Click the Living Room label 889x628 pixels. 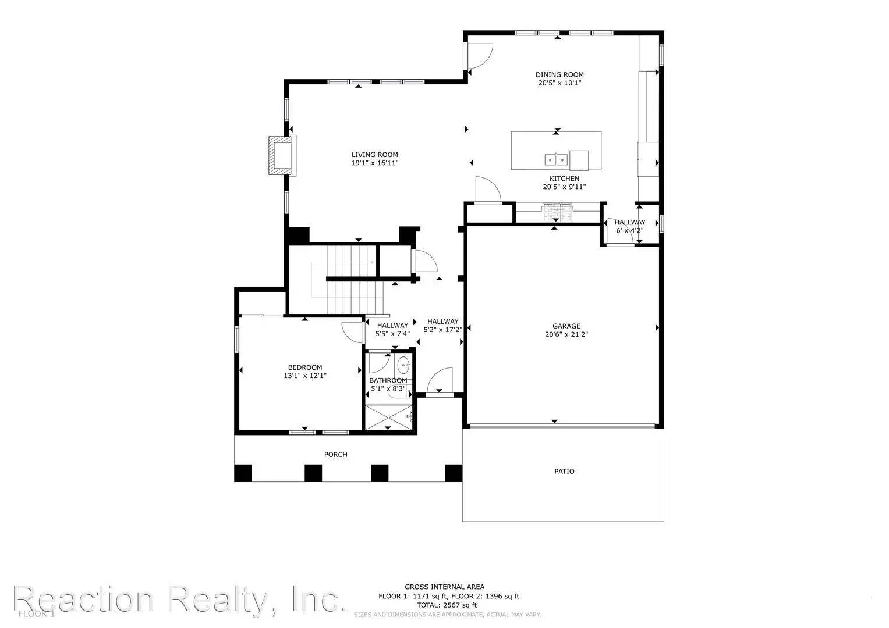coord(374,155)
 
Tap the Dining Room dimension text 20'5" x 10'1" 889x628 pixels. coord(559,83)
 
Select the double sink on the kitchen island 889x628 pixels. coord(556,159)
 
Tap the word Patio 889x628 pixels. coord(564,471)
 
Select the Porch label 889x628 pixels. coord(335,454)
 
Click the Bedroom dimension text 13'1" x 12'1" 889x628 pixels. coord(305,376)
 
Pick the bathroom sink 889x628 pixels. coord(403,366)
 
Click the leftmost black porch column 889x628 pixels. coord(243,473)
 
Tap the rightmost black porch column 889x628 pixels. coord(454,473)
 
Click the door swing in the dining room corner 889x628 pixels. coord(479,57)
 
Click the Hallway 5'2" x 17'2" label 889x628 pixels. coord(442,326)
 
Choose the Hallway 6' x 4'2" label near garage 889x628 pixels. coord(629,226)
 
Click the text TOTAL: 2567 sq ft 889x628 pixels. coord(444,605)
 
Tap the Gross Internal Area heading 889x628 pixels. coord(444,587)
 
